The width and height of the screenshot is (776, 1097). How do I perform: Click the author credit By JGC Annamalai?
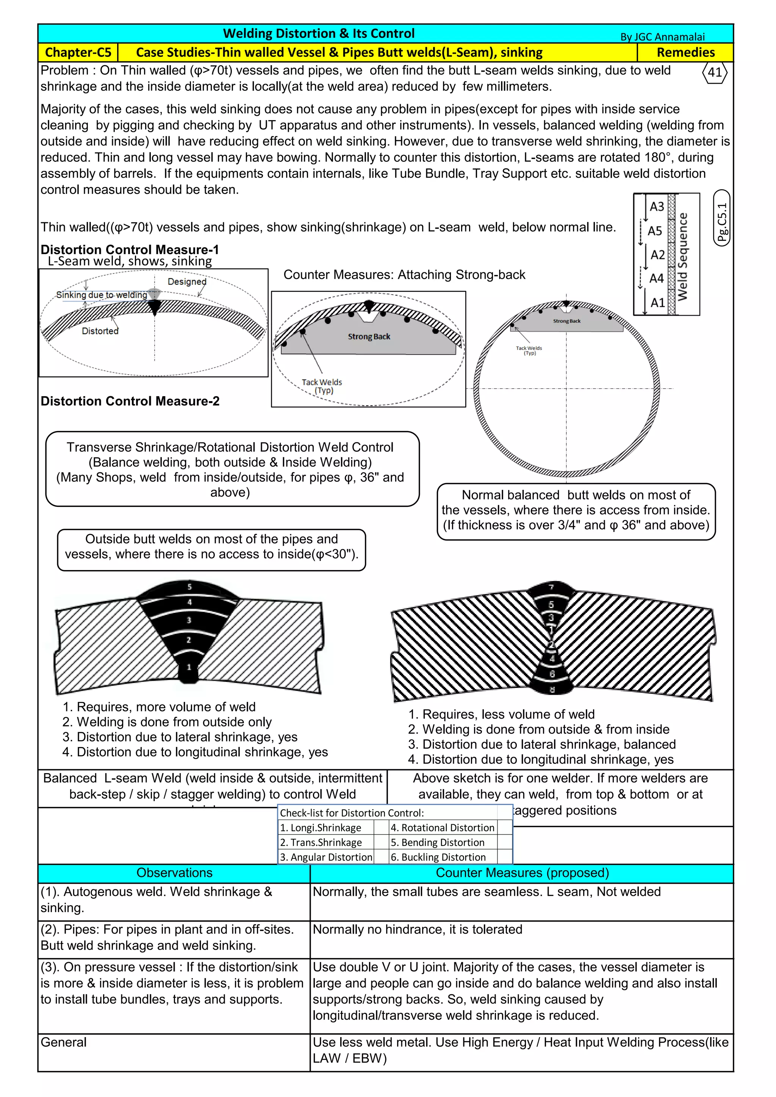[662, 37]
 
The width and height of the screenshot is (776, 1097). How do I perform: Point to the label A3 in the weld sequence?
[657, 206]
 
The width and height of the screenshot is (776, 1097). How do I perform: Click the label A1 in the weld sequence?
[657, 302]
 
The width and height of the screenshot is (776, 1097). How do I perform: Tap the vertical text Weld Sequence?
[683, 256]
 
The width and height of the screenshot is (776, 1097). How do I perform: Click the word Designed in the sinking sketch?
[187, 281]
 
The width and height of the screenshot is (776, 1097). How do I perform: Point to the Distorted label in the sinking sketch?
[100, 331]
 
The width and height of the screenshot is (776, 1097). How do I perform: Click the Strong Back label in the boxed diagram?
[369, 336]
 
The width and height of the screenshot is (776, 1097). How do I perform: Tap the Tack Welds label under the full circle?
[529, 350]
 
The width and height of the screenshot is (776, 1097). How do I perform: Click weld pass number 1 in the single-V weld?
[189, 667]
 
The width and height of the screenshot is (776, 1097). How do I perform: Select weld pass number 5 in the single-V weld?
[189, 587]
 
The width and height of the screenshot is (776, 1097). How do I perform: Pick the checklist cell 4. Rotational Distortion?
[443, 828]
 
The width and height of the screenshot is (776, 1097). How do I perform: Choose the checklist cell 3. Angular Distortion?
[326, 857]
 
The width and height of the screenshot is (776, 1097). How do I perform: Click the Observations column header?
[174, 872]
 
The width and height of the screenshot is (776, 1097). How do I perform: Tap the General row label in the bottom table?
[64, 1042]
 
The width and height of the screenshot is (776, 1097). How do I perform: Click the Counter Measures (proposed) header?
[522, 872]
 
